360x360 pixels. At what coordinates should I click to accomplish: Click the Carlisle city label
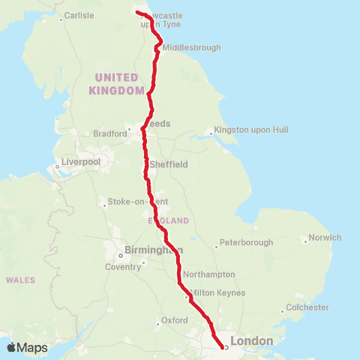coord(79,15)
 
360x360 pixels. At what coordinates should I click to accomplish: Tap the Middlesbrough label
coord(193,47)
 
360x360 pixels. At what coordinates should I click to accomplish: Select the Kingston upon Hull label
coord(250,130)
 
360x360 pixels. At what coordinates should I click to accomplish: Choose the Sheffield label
coord(169,164)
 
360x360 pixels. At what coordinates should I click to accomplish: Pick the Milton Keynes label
coord(218,292)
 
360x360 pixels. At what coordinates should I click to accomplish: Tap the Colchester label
coord(307,307)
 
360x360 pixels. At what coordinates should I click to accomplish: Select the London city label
coord(251,341)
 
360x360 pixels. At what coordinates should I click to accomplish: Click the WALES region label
coord(20,280)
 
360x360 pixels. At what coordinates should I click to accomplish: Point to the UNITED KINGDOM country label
coord(116,84)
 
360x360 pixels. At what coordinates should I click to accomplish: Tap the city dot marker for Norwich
coord(305,241)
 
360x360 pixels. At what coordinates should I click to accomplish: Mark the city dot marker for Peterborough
coord(217,245)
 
